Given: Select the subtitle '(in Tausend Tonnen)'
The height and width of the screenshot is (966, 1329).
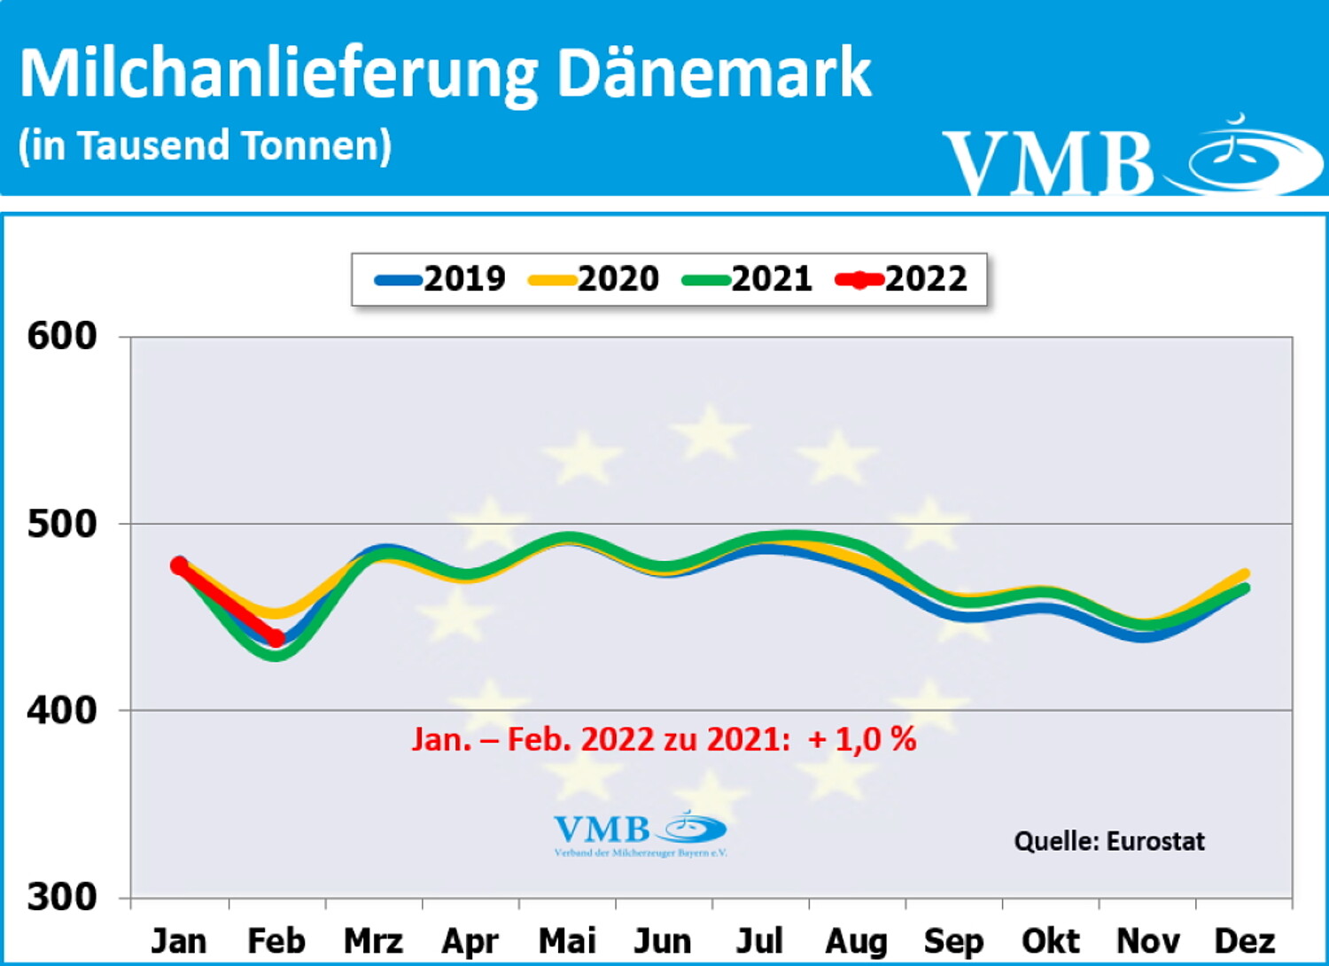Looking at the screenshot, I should (205, 145).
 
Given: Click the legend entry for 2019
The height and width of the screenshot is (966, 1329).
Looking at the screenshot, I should (440, 279).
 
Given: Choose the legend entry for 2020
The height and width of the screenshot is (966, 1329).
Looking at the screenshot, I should (594, 279).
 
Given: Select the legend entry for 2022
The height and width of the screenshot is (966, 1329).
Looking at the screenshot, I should (901, 279).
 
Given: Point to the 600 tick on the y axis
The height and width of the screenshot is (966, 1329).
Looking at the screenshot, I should (61, 337).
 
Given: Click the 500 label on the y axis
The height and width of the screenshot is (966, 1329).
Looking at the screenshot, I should (61, 524).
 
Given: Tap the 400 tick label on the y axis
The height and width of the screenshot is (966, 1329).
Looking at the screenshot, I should (61, 711).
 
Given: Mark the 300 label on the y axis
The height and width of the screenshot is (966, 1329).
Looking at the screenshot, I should (61, 897).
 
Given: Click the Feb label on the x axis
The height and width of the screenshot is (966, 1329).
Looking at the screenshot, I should (276, 940).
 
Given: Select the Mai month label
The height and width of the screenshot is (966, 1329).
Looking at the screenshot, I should (567, 940).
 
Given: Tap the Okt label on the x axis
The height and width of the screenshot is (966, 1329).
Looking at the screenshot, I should (1051, 940).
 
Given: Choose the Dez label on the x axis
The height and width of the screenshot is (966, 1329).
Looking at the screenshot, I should (1245, 940).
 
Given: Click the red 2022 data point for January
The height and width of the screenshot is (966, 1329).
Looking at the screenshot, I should (179, 565).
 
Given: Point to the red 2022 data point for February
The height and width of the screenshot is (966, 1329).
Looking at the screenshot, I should (276, 638).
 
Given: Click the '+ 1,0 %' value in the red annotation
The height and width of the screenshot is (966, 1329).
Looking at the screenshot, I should (862, 739).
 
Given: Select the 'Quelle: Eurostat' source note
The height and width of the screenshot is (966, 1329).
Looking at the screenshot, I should (1109, 840).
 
